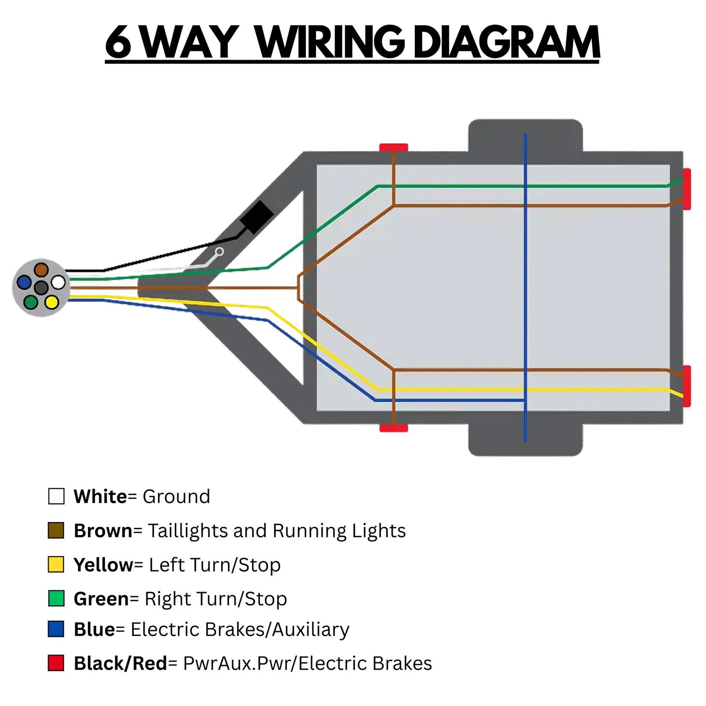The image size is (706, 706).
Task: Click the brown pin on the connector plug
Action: [x=41, y=269]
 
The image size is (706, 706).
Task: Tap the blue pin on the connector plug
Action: [x=24, y=282]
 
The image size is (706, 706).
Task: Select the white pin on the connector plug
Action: [x=58, y=282]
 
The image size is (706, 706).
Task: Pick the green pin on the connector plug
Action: [x=30, y=302]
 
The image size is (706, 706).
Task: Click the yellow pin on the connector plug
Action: [x=52, y=302]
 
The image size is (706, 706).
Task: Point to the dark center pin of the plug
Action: [x=41, y=288]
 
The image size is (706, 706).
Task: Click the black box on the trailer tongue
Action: [x=256, y=217]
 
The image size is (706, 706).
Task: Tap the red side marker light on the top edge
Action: [x=394, y=147]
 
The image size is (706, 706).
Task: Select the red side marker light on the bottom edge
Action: [x=394, y=428]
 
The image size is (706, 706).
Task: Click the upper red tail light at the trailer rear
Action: [x=687, y=189]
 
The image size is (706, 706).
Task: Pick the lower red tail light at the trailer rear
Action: [x=687, y=386]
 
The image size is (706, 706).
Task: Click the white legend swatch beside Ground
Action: [x=56, y=496]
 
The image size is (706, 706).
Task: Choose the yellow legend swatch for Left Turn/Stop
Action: [x=56, y=564]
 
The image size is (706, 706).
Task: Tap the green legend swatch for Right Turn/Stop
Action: [x=56, y=598]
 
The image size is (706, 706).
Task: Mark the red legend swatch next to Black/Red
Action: [x=56, y=663]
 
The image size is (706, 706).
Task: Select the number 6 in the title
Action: [x=118, y=43]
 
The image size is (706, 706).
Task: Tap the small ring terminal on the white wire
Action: [x=219, y=252]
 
